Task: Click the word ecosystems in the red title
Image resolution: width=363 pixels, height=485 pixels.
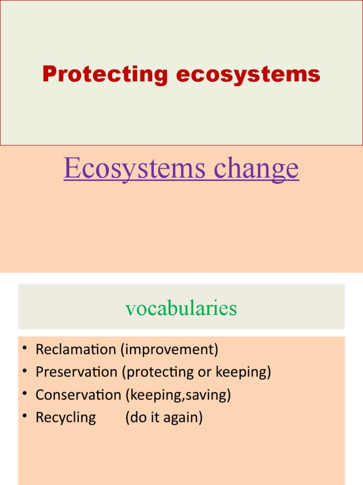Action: pyautogui.click(x=248, y=74)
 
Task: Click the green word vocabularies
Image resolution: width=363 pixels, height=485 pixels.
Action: pyautogui.click(x=181, y=308)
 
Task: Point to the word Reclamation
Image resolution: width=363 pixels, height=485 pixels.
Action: pyautogui.click(x=76, y=350)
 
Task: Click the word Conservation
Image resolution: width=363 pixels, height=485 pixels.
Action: pyautogui.click(x=78, y=395)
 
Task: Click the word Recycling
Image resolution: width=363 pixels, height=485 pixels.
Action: pyautogui.click(x=66, y=418)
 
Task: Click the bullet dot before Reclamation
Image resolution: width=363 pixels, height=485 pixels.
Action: pyautogui.click(x=24, y=350)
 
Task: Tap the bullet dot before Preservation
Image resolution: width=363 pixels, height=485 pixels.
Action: pyautogui.click(x=24, y=372)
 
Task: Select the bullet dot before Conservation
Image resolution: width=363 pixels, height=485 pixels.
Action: pyautogui.click(x=24, y=395)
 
